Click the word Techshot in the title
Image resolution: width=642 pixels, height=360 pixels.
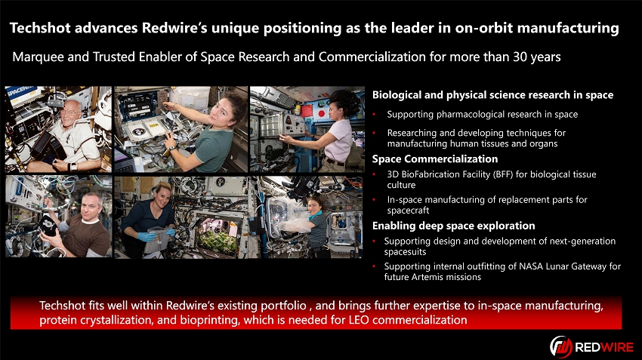[x=40, y=28]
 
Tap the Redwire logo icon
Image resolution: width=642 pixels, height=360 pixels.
[x=561, y=347]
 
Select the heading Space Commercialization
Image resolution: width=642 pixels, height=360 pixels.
[x=435, y=159]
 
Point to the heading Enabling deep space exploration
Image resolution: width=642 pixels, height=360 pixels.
[x=454, y=226]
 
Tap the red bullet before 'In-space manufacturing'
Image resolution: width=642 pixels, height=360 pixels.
[x=374, y=200]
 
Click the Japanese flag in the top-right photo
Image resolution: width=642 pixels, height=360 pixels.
[x=320, y=113]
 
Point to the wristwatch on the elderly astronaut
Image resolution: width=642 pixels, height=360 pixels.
[x=73, y=167]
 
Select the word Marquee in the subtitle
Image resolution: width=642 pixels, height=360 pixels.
[x=38, y=57]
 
